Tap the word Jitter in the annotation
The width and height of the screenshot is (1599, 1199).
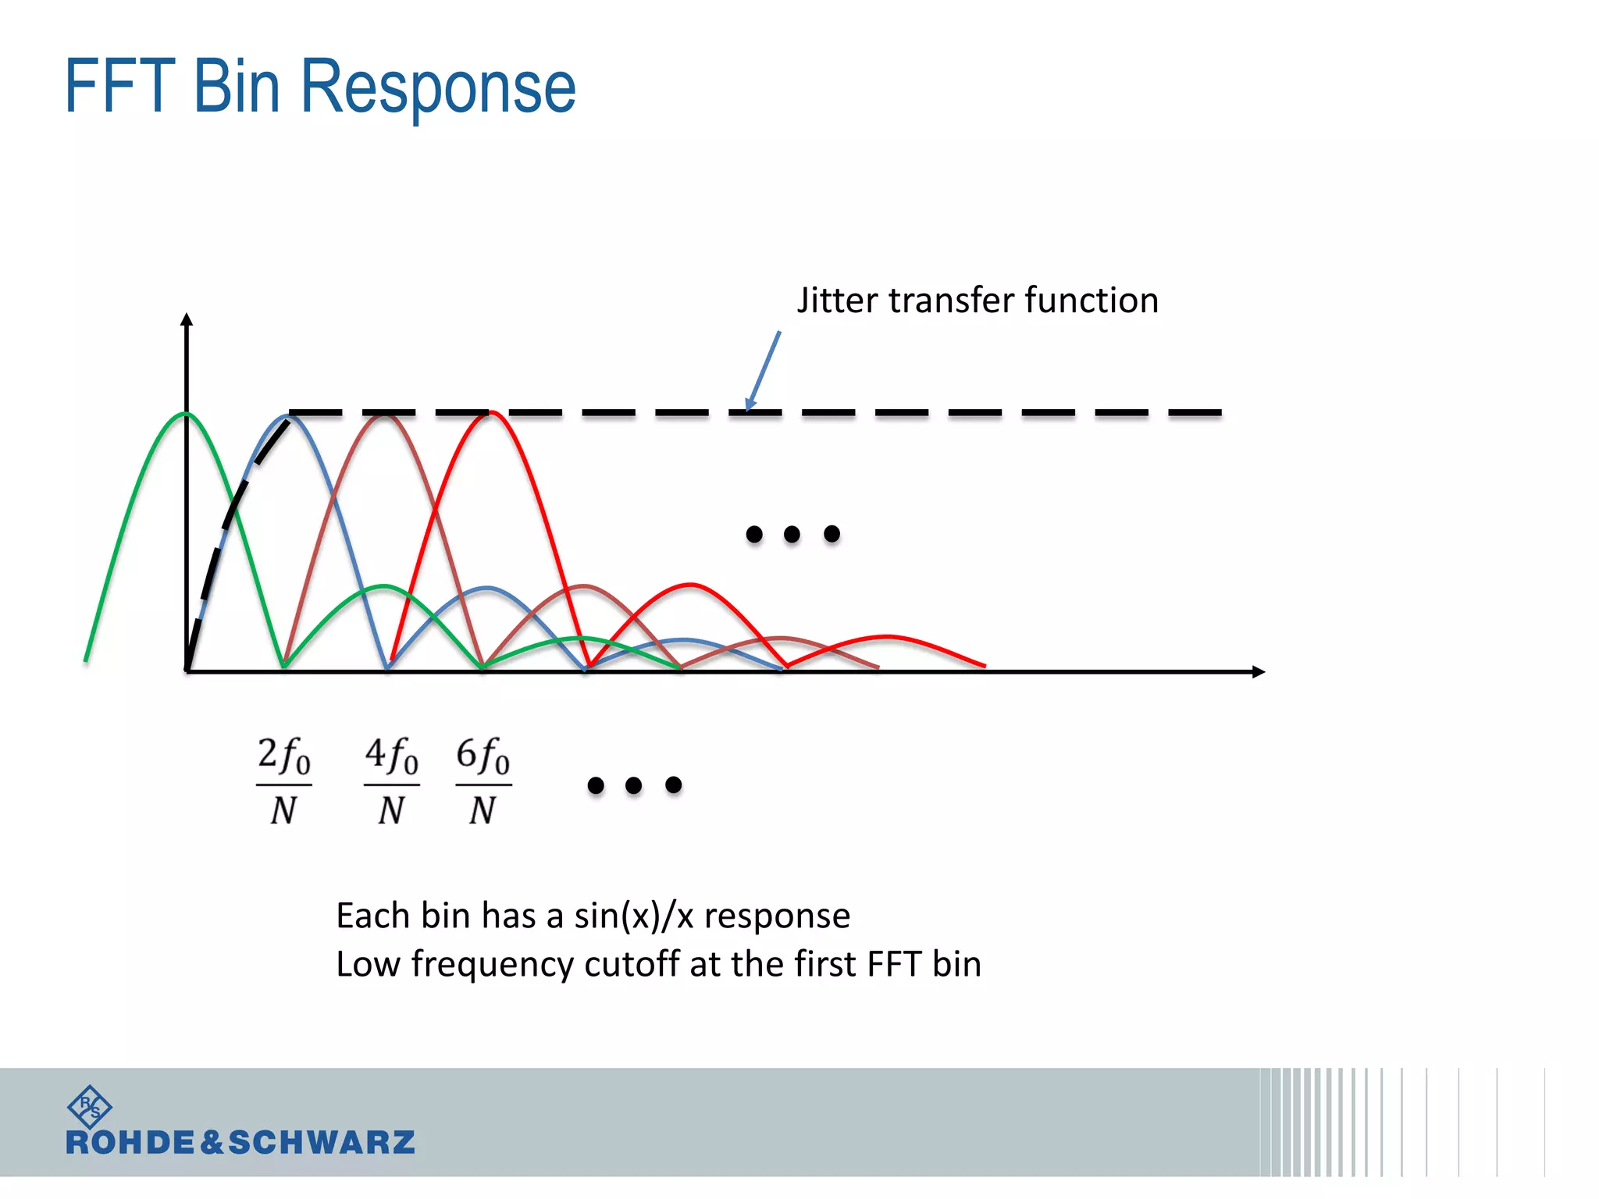click(836, 301)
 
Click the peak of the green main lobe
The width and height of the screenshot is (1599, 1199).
click(186, 414)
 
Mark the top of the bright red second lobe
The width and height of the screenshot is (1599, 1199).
click(689, 584)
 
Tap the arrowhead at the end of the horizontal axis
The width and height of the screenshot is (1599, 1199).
click(1258, 671)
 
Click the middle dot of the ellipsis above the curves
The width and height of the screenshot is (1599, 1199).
click(792, 534)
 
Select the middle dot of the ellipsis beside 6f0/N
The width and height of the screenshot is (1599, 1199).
click(634, 785)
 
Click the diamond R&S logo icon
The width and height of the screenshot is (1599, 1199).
click(89, 1106)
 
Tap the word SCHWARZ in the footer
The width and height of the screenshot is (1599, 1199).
click(321, 1143)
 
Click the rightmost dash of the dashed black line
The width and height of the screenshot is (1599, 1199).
click(1195, 412)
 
